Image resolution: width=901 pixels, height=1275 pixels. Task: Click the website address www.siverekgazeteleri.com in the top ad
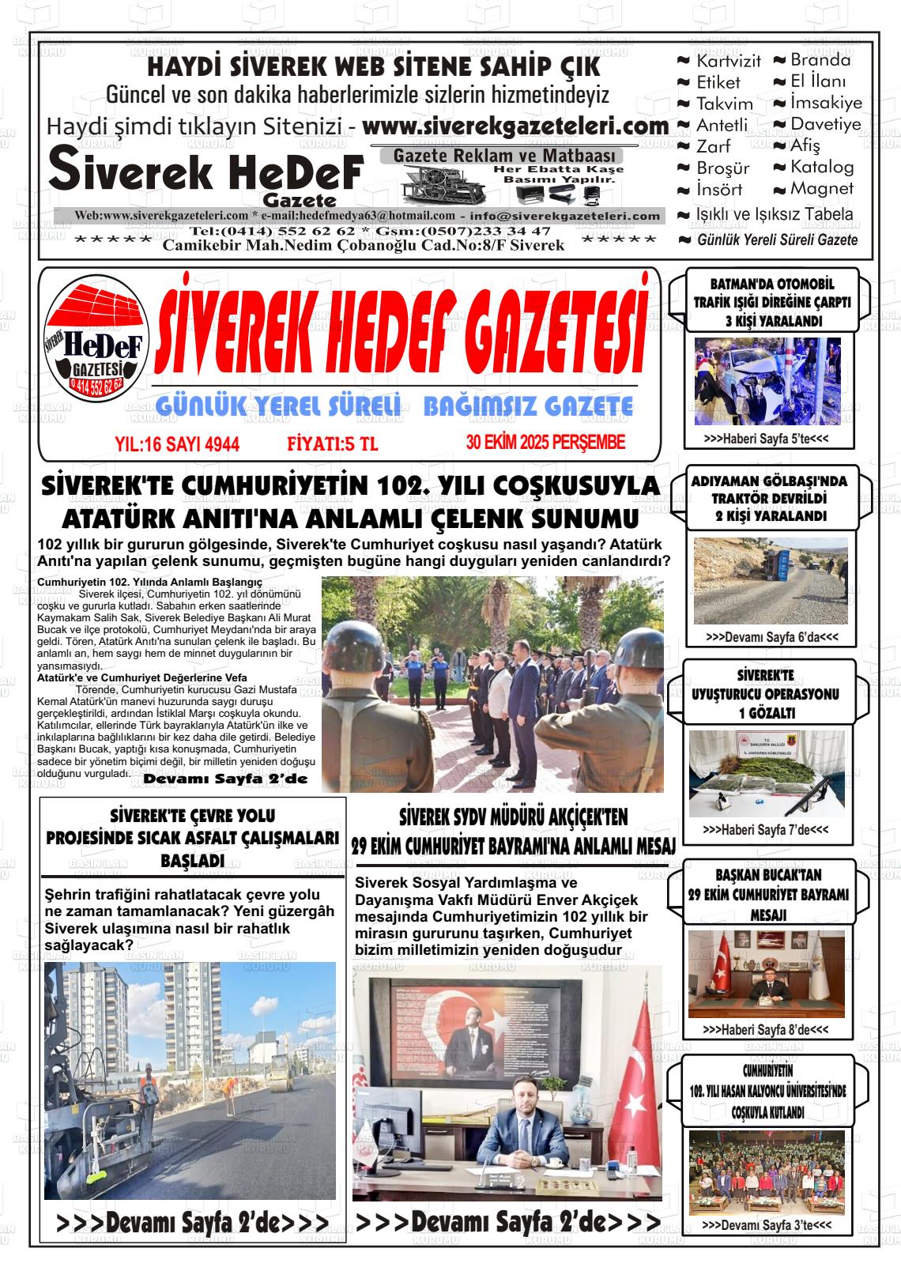tap(515, 126)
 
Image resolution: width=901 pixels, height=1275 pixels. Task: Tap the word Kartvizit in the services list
tap(728, 61)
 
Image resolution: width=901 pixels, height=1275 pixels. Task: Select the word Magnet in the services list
tap(821, 189)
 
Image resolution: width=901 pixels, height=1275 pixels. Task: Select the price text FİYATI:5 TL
tap(332, 444)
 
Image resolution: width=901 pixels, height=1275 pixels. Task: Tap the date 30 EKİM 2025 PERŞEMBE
tap(545, 443)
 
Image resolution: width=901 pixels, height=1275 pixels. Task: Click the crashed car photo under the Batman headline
tap(767, 381)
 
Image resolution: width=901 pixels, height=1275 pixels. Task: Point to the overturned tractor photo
tap(770, 580)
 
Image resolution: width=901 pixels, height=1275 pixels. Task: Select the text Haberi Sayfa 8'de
tap(766, 1030)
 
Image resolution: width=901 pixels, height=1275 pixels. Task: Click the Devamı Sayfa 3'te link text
tap(766, 1224)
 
